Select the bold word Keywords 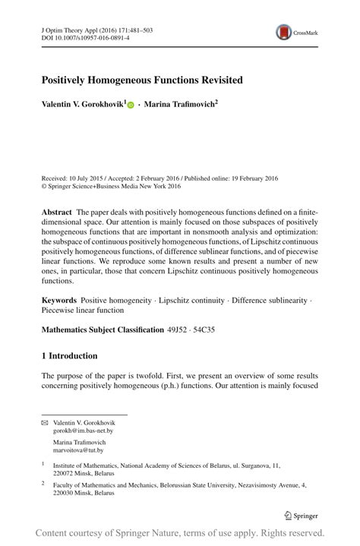tap(59, 301)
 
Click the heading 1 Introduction tap(69, 355)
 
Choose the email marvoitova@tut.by tap(78, 450)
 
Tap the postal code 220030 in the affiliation tap(64, 492)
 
